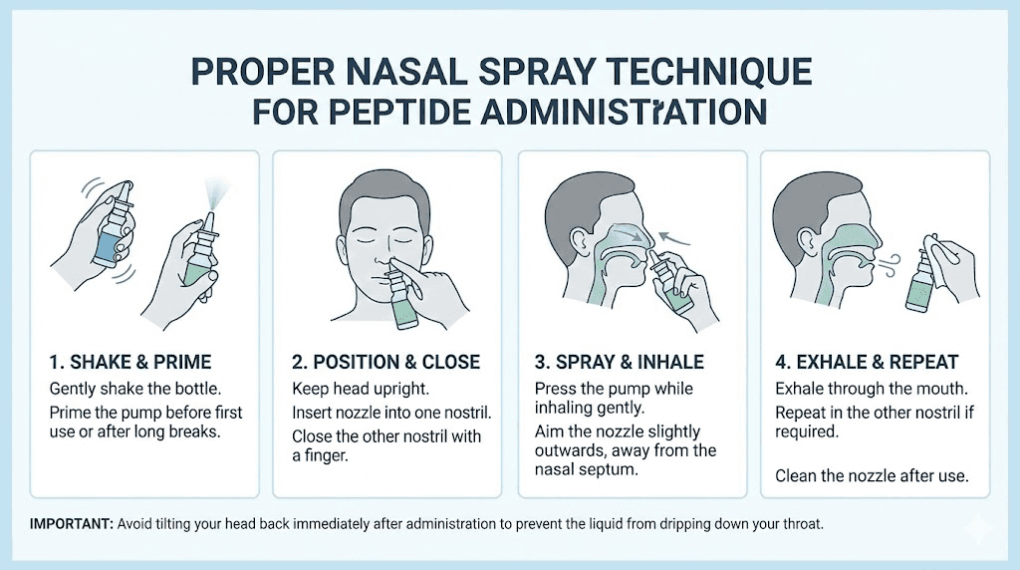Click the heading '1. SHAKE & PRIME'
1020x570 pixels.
click(130, 362)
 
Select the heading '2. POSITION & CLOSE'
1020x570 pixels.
click(385, 362)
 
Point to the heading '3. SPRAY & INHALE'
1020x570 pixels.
click(620, 362)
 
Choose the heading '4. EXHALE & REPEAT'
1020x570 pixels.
click(867, 362)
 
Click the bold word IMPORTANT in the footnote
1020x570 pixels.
click(72, 524)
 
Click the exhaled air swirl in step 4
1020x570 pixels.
click(890, 263)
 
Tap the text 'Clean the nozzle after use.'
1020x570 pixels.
click(872, 475)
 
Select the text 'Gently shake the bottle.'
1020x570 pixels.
click(135, 389)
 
